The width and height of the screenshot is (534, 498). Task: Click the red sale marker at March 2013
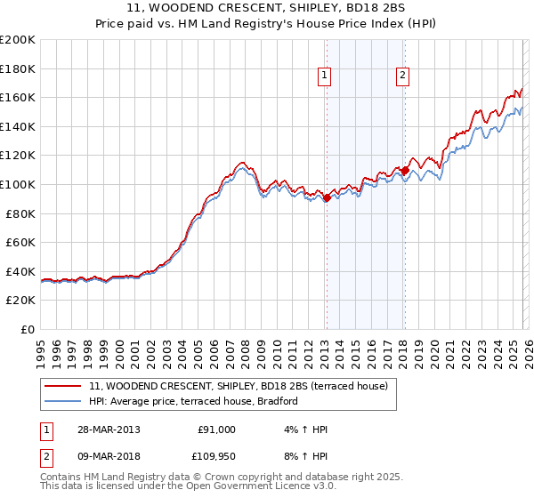coord(327,198)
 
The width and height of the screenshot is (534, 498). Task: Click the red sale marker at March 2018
coord(405,170)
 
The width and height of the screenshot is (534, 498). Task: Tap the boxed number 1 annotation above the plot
coord(326,76)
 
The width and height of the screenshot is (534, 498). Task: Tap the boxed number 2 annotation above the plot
coord(403,76)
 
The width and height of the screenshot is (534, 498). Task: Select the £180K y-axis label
coord(18,68)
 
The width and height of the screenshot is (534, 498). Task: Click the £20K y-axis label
coord(20,301)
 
